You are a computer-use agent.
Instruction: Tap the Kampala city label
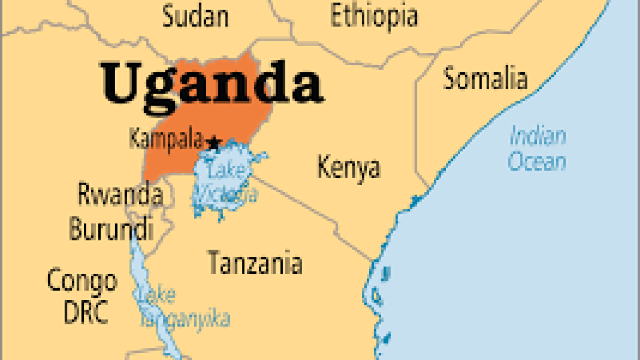coord(166,139)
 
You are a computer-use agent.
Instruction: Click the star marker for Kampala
coord(213,142)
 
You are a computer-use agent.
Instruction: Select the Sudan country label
coord(195,17)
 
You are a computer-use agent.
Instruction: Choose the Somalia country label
coord(485,79)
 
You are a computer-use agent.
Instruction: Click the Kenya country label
coord(348,168)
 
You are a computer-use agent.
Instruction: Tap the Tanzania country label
coord(255,263)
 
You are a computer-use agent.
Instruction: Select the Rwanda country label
coord(120,195)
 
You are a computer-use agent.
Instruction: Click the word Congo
coord(82,280)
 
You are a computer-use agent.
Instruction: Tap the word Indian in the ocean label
coord(538,136)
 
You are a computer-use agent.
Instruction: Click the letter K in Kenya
coord(324,167)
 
